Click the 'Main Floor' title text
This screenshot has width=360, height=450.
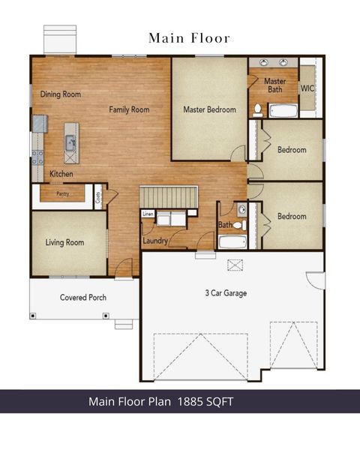coord(188,37)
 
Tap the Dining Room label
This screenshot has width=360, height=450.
coord(61,94)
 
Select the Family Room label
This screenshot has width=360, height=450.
coord(129,109)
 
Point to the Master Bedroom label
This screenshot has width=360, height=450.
coord(209,109)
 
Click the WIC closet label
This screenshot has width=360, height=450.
coord(307,88)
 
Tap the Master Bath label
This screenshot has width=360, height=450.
coord(275,85)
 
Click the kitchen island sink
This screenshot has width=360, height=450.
coord(70,140)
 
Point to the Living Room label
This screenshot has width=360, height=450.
coord(64,242)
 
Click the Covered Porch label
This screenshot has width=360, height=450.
coord(83,298)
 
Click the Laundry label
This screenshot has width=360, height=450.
coord(154,241)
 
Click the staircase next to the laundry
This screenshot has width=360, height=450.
coord(169,196)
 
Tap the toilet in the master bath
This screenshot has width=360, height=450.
coord(257,109)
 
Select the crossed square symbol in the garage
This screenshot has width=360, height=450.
coord(235,264)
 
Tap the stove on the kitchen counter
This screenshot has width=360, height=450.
coord(37,156)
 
